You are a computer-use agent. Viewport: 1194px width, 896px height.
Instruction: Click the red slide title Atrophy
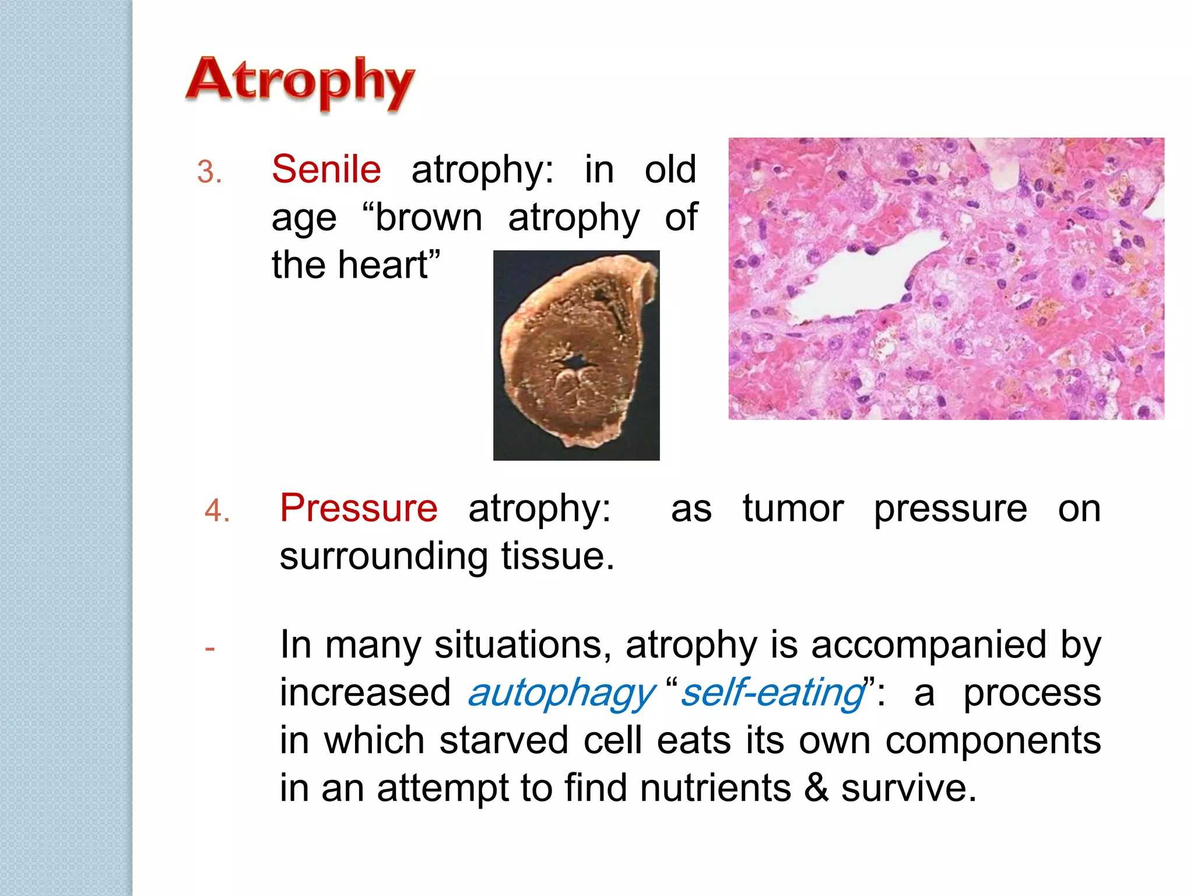(x=300, y=81)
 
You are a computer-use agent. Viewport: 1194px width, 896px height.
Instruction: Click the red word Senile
(x=326, y=170)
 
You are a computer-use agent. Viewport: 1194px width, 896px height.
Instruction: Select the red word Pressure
(x=359, y=508)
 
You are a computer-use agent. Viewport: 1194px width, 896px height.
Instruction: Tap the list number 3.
(x=209, y=173)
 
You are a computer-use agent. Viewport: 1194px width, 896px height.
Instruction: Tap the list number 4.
(x=217, y=511)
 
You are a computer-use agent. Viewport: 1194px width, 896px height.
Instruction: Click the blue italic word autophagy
(x=561, y=693)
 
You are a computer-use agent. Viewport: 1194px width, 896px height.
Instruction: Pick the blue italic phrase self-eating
(x=772, y=693)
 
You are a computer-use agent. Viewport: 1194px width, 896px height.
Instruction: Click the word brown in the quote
(x=429, y=218)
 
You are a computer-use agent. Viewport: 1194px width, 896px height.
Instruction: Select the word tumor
(x=793, y=508)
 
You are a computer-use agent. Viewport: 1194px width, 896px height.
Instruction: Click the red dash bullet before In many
(x=210, y=648)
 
